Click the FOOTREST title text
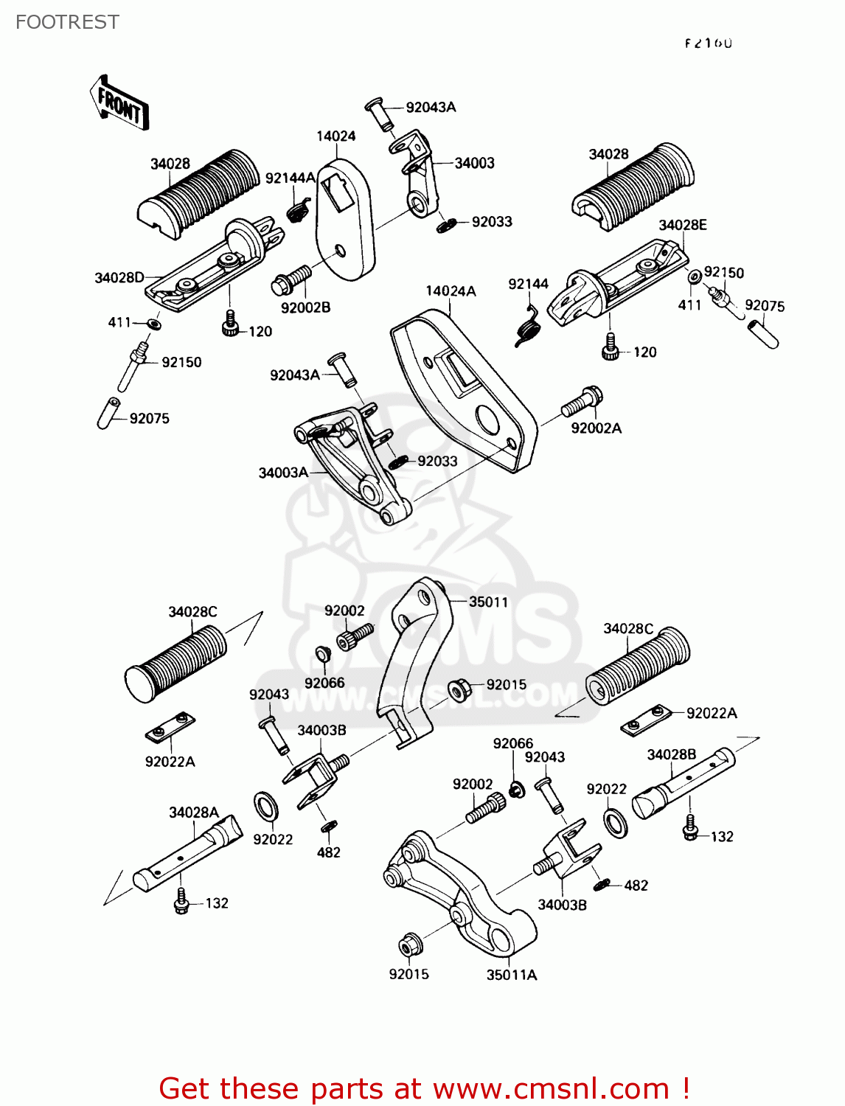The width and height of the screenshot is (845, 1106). click(67, 22)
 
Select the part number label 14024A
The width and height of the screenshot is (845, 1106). click(451, 291)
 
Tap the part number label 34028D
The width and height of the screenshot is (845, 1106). click(119, 278)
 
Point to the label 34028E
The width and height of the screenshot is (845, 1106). click(682, 225)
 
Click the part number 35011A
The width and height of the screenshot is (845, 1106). click(512, 975)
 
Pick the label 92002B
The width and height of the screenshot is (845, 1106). click(305, 307)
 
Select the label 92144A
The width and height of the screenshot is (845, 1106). click(290, 178)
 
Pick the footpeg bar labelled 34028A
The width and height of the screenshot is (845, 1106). click(188, 855)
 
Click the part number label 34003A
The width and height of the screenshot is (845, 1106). click(283, 473)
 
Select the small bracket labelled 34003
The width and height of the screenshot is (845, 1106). click(417, 173)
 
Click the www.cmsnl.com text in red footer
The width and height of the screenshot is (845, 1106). click(550, 1089)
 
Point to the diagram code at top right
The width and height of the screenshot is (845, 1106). click(708, 43)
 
